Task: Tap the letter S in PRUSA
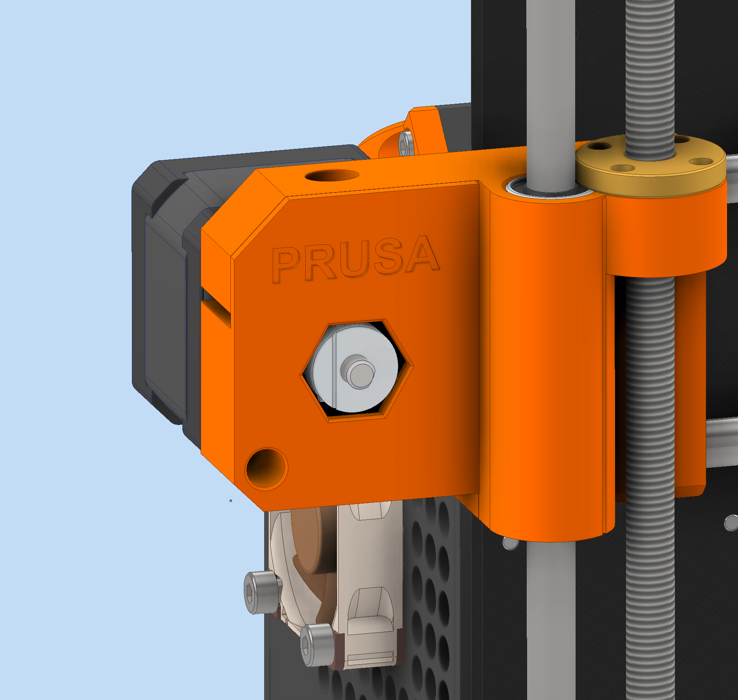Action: point(389,258)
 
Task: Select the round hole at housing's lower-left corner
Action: point(266,469)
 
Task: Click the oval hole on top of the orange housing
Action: point(331,176)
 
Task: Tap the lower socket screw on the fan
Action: point(318,645)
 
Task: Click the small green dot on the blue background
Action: point(231,501)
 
